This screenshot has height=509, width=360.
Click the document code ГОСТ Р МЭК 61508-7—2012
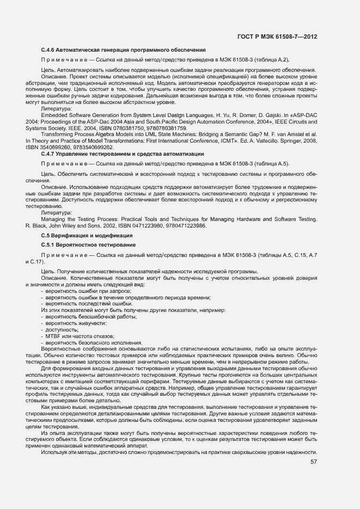tap(278, 37)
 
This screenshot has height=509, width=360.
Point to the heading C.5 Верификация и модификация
tap(87, 235)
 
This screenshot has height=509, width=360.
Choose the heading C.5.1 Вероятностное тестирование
tap(88, 245)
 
